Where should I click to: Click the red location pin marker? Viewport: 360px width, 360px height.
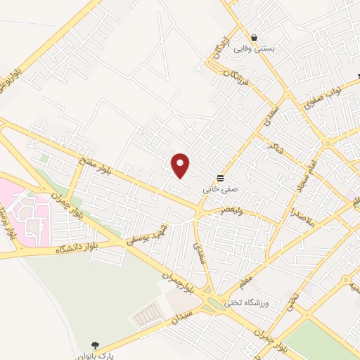point(181,165)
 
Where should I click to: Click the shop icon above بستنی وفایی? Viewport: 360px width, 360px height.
point(254,38)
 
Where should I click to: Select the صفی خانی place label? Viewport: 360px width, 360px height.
point(216,189)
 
